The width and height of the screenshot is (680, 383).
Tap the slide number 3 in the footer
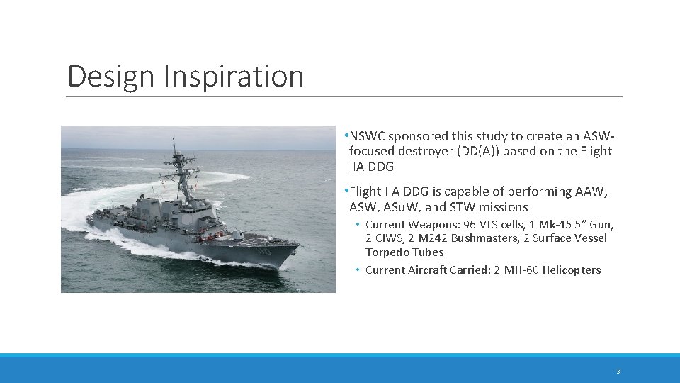click(618, 372)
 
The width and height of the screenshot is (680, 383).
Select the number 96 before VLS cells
click(468, 224)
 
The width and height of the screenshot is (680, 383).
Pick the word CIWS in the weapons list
click(388, 238)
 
